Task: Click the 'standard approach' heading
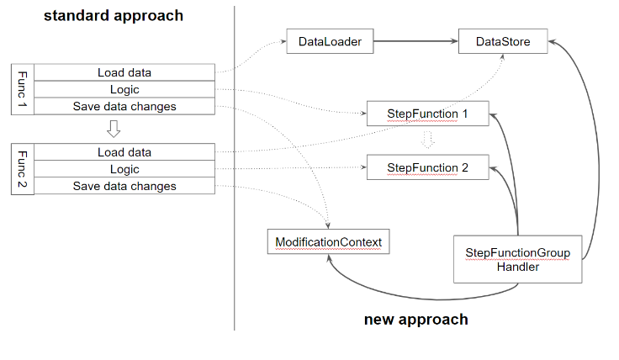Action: (114, 16)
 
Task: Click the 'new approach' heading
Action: (415, 320)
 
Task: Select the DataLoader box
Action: (330, 42)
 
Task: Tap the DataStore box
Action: (503, 42)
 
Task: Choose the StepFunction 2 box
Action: (427, 167)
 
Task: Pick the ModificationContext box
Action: (328, 242)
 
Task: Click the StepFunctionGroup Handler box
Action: (517, 259)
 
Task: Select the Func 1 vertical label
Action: (22, 89)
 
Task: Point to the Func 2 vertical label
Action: (22, 169)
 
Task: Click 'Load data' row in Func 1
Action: (124, 72)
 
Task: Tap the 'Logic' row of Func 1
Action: (124, 89)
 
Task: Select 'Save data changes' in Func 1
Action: (124, 106)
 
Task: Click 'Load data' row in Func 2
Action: (124, 152)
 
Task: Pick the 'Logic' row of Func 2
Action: (124, 169)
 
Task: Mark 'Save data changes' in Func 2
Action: (124, 186)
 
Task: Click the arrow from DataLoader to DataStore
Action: (415, 41)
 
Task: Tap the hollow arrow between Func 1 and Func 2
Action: (114, 129)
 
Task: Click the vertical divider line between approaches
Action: (235, 168)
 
